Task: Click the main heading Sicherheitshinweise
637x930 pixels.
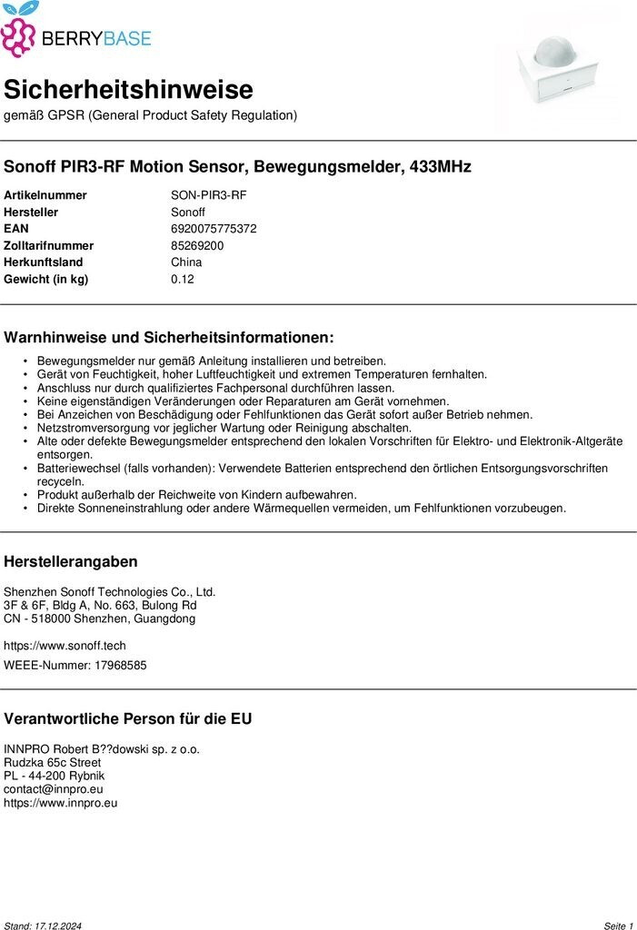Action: point(128,90)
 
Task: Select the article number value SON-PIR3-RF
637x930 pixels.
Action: point(208,195)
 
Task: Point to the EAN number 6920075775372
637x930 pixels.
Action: point(214,229)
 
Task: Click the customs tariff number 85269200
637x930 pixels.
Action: point(197,245)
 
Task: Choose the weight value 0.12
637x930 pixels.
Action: point(182,279)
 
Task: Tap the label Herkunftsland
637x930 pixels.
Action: point(44,262)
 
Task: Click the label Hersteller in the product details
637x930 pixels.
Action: point(31,213)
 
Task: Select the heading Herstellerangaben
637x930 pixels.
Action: point(71,562)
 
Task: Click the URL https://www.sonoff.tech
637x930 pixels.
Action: point(65,646)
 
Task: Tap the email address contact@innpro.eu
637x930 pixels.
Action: point(54,789)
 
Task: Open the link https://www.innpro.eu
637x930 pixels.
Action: point(61,803)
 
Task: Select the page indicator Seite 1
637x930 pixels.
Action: point(618,925)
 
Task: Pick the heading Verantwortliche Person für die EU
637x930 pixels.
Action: point(128,718)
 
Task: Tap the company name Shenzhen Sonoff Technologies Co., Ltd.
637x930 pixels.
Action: point(109,591)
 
